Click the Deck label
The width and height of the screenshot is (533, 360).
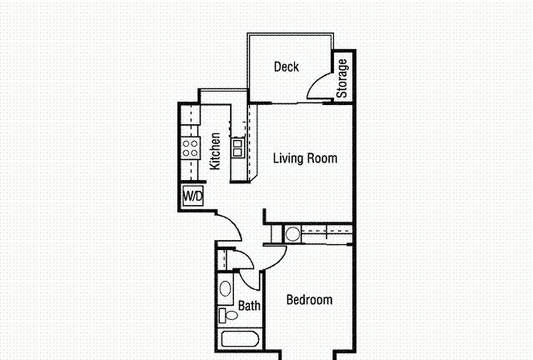[286, 67]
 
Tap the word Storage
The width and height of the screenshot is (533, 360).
[342, 78]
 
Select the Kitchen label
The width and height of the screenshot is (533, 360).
[215, 151]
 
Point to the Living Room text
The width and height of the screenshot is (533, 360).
[306, 158]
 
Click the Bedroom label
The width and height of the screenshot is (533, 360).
[309, 300]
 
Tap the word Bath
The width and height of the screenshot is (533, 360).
[249, 306]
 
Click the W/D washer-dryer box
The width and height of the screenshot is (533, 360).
[193, 196]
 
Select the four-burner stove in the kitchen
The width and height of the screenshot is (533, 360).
[191, 148]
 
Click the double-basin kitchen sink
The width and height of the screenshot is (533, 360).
[237, 147]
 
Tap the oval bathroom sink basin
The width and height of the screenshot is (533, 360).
[225, 288]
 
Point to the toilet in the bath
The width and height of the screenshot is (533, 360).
[228, 316]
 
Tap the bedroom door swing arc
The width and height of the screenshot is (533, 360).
[280, 261]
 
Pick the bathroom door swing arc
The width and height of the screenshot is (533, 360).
[246, 283]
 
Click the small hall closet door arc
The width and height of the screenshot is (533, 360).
[247, 256]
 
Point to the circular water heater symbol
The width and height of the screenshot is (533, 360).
[292, 234]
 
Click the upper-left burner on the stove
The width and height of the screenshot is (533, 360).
[186, 144]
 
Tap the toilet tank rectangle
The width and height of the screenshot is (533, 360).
[222, 316]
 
